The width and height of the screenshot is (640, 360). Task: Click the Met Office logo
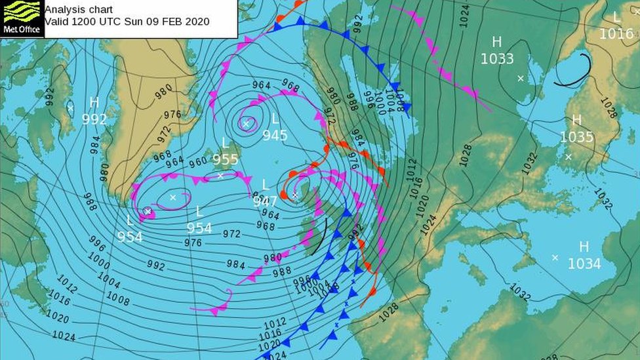(22, 18)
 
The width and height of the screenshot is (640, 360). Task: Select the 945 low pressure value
(275, 135)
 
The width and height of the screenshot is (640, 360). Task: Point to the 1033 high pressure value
(497, 58)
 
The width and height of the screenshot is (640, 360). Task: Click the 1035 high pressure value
(576, 137)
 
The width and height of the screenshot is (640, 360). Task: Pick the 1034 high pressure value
(584, 264)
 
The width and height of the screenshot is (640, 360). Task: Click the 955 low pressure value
(225, 159)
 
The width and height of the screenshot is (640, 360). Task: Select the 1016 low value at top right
(616, 33)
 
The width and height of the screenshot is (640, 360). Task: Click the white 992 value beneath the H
(94, 119)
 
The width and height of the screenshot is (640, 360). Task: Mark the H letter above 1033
(497, 42)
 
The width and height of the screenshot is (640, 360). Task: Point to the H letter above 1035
(576, 121)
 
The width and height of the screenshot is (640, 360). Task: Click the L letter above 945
(275, 119)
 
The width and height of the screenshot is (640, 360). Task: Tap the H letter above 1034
(584, 247)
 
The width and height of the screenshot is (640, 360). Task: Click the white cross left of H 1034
(555, 258)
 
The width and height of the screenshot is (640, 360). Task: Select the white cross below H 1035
(569, 157)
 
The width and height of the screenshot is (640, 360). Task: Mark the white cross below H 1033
(521, 79)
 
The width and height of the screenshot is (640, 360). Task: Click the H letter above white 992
(94, 102)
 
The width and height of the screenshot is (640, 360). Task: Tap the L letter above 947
(265, 185)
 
